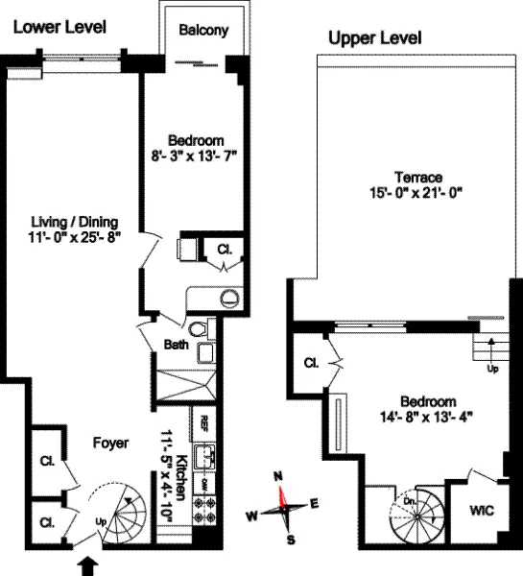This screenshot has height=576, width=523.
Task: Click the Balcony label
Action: pos(203,30)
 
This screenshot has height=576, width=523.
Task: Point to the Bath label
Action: pos(175,343)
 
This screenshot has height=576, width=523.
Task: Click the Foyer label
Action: pos(112,443)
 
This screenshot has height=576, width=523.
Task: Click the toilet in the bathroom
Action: pos(201,330)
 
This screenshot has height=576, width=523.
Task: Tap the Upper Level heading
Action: pos(374,39)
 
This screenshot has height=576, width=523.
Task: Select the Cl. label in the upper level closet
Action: pos(311,364)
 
